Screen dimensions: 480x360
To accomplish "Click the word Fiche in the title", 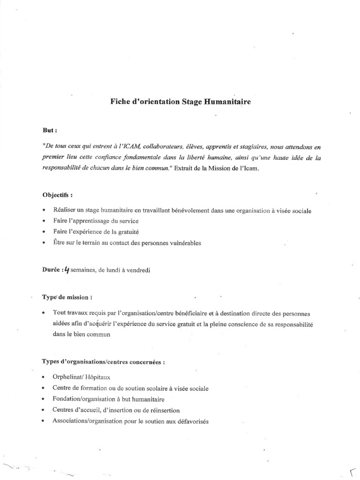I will tap(119, 101).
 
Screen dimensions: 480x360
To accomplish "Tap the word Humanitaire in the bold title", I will tap(227, 101).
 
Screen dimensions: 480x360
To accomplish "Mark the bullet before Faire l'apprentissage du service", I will tap(44, 221).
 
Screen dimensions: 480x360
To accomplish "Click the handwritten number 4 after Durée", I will tap(67, 269).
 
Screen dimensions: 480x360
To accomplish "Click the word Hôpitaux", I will tap(97, 377).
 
